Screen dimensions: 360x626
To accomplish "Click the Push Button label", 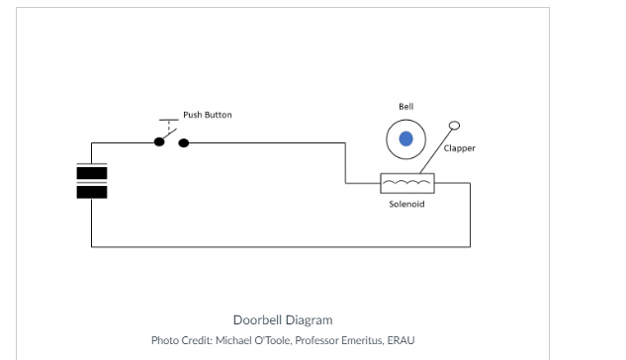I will pos(208,115).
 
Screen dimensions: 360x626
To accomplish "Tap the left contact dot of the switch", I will pos(158,142).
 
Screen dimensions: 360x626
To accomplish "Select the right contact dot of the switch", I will pos(183,142).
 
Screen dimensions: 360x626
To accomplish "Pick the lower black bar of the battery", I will pos(92,191).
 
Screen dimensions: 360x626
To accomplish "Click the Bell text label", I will pos(405,106).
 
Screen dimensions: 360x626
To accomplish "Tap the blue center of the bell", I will pos(405,139).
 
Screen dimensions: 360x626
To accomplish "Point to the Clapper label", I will pos(459,148).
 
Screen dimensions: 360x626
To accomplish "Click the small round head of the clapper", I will pos(454,126).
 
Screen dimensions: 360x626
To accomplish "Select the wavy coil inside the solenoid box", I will pos(406,183).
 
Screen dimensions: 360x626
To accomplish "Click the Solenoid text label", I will pos(406,204).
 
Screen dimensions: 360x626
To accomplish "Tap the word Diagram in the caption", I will pos(310,319).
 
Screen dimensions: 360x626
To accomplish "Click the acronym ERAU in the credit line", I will pos(401,340).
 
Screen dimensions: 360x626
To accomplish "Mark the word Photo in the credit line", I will pos(164,340).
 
